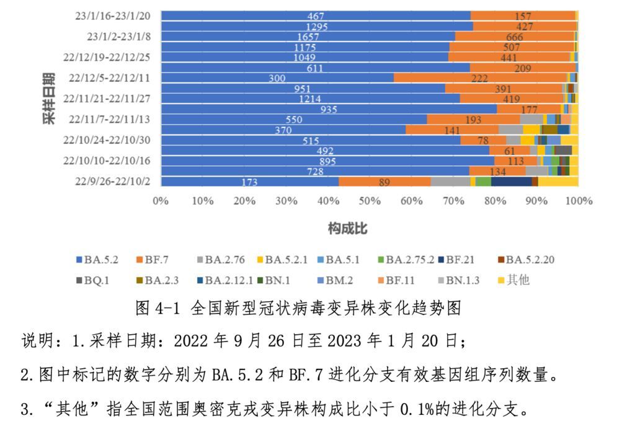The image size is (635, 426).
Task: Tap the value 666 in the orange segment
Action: coord(515,37)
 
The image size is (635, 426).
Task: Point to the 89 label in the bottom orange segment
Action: coord(384,181)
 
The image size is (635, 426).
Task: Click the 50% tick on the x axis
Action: coord(370,201)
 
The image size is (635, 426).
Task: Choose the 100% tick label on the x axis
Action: coord(579,201)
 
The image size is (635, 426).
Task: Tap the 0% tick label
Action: coord(161,201)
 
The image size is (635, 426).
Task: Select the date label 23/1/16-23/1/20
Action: coord(111,16)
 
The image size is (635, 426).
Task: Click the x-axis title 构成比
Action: coord(347,229)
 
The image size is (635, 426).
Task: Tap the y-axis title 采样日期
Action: coord(50,99)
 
